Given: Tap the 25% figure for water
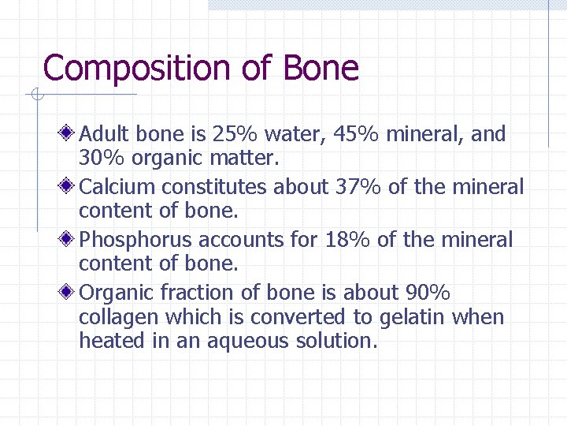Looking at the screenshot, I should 241,134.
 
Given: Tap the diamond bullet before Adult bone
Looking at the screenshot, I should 69,133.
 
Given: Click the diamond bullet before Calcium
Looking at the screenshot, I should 69,186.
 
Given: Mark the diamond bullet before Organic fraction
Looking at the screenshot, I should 69,292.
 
